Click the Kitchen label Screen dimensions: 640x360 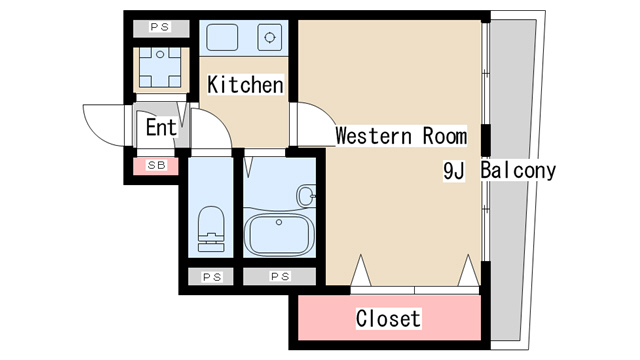pyautogui.click(x=245, y=84)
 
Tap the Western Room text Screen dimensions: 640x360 pyautogui.click(x=401, y=136)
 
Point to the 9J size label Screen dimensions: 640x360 pyautogui.click(x=453, y=171)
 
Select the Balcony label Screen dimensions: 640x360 pyautogui.click(x=518, y=170)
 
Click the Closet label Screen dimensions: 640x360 pyautogui.click(x=388, y=318)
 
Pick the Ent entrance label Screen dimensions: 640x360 pyautogui.click(x=161, y=127)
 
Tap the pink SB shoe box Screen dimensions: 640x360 pyautogui.click(x=156, y=166)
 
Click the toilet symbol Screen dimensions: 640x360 pyautogui.click(x=211, y=229)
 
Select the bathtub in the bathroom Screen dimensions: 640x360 pyautogui.click(x=279, y=235)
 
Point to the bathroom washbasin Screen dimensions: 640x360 pyautogui.click(x=306, y=196)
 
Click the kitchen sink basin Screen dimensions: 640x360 pyautogui.click(x=222, y=38)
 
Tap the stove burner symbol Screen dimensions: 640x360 pyautogui.click(x=269, y=38)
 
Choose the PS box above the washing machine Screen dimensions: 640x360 pyautogui.click(x=161, y=28)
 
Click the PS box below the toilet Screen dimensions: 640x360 pyautogui.click(x=211, y=277)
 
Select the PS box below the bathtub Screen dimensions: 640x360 pyautogui.click(x=280, y=277)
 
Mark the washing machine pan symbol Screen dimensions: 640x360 pyautogui.click(x=161, y=67)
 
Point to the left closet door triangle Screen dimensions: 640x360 pyautogui.click(x=361, y=270)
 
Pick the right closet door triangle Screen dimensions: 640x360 pyautogui.click(x=468, y=270)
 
